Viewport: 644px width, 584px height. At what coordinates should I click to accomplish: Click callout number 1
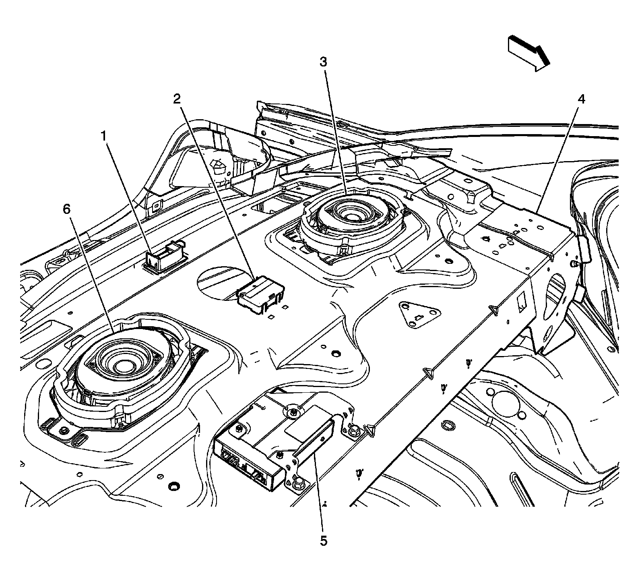(x=104, y=137)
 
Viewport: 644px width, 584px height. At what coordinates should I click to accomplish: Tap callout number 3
(x=323, y=62)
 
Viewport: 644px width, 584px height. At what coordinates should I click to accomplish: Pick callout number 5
(x=324, y=541)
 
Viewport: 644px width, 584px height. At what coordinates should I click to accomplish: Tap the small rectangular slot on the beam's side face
(x=520, y=300)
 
